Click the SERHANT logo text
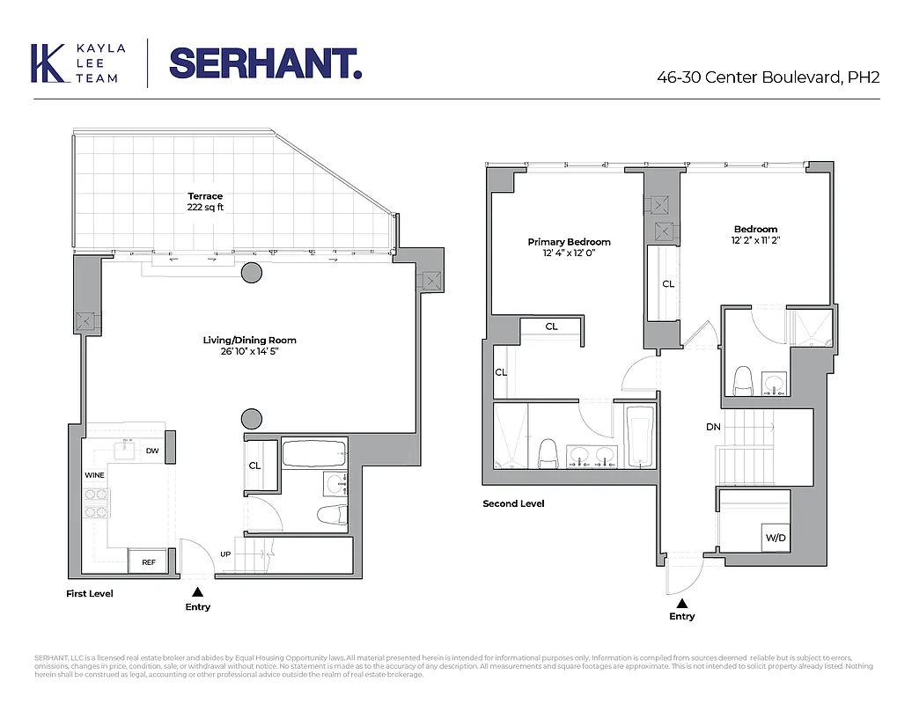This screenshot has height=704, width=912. point(265,62)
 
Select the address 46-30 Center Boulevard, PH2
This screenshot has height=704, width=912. point(768,77)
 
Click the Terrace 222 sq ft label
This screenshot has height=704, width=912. point(204,202)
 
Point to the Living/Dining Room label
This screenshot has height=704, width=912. point(250,346)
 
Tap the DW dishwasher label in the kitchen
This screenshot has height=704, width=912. point(152,451)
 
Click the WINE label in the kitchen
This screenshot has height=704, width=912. point(94,475)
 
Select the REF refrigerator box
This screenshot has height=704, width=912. point(147,561)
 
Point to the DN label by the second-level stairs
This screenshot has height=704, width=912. point(713,427)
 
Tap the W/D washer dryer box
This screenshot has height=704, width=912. point(774,537)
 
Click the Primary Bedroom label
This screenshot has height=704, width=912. point(569,247)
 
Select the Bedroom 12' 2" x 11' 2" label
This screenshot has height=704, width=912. point(755,235)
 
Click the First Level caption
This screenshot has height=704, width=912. point(90,593)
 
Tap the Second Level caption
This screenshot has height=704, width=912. point(513,503)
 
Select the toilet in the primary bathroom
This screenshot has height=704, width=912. point(546,453)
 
